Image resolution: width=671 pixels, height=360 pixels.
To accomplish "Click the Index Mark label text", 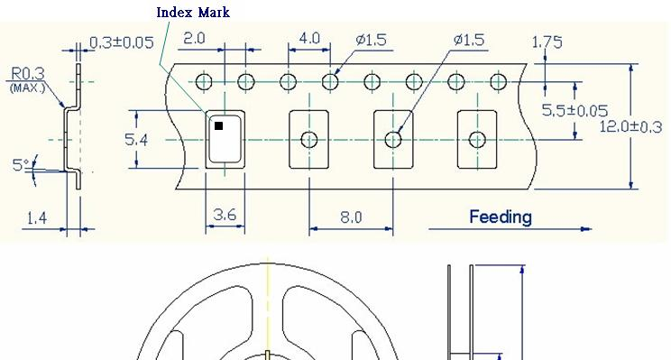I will (193, 13).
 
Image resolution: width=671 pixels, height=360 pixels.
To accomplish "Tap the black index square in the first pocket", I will (218, 126).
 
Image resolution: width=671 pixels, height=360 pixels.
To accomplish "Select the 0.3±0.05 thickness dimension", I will (122, 42).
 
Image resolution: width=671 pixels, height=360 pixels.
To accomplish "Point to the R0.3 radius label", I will (28, 74).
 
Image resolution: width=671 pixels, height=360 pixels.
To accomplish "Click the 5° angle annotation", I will (20, 165).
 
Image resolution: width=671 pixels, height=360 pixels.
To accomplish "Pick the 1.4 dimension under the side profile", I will (36, 217).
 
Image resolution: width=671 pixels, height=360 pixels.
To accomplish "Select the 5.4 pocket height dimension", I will (136, 139).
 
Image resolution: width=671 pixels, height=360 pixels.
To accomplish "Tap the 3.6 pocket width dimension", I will (225, 216).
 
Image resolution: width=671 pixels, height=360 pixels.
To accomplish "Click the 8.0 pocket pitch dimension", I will (351, 217).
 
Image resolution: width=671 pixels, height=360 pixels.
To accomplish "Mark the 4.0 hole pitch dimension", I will (308, 39).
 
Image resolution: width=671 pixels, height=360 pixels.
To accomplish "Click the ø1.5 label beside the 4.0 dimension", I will (372, 40).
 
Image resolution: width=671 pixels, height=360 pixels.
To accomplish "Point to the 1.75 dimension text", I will (547, 42).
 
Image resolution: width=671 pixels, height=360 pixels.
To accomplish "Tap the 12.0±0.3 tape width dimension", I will (631, 126).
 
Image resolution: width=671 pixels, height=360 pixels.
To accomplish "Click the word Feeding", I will (500, 217).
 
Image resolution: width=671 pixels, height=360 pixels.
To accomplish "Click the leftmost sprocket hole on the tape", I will (204, 82).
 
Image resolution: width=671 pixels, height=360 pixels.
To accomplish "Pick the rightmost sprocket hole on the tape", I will (498, 82).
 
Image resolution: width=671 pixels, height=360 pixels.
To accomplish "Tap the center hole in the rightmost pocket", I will (477, 139).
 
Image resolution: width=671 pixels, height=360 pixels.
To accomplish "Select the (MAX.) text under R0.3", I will (27, 88).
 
